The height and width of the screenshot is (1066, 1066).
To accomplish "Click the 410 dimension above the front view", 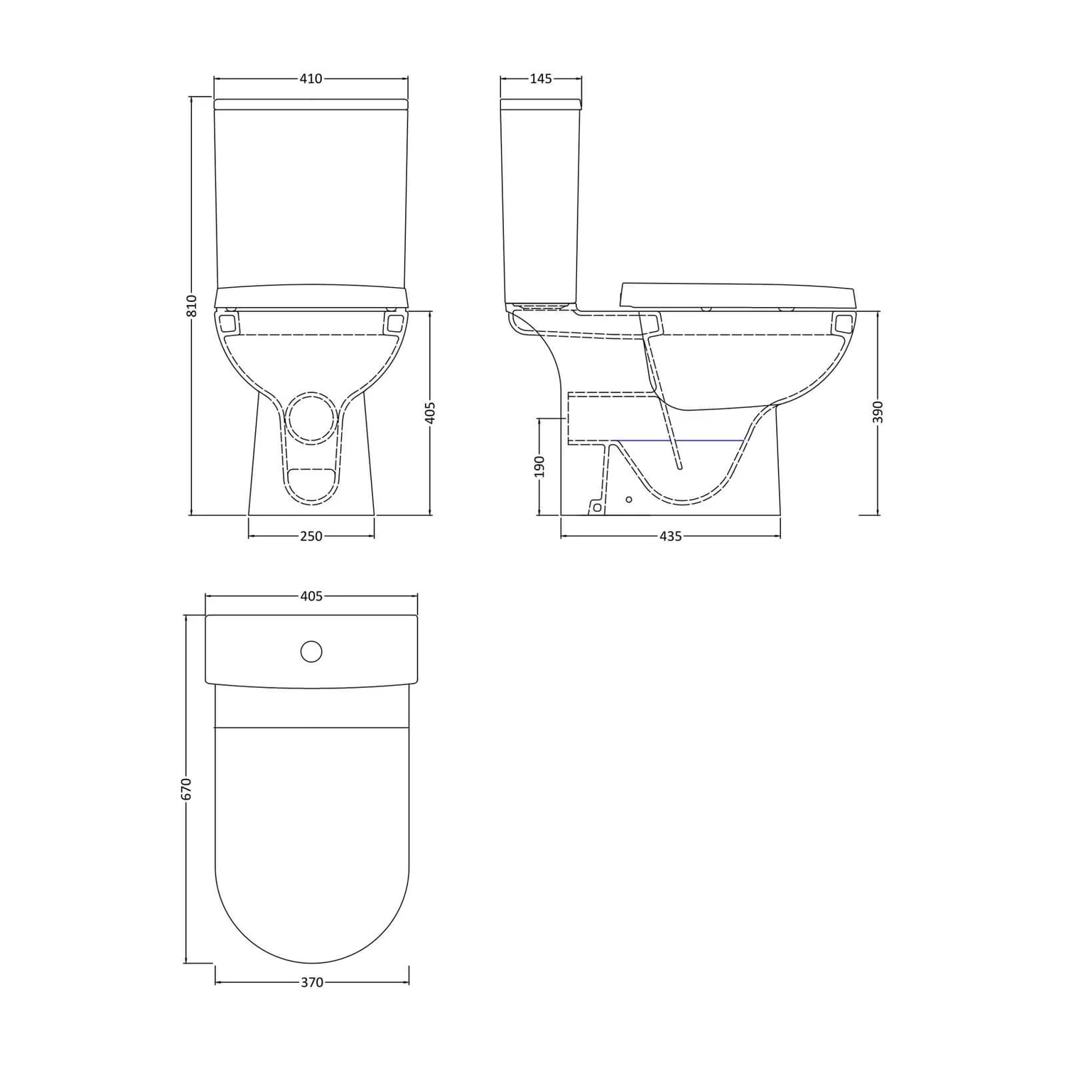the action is point(311,79).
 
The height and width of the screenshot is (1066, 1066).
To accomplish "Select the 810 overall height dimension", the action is point(190,306).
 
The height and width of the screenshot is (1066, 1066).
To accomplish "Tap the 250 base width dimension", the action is point(311,537).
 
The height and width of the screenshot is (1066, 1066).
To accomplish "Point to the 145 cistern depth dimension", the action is point(541,79).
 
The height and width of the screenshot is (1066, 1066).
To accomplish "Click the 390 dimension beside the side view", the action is point(878,412).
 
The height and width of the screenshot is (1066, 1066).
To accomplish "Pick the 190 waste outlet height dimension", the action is point(539,466).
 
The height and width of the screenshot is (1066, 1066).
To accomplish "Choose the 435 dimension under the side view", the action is point(670,537).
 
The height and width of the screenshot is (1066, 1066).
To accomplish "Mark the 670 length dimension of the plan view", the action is point(186,789).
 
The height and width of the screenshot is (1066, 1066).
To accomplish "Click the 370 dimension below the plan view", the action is point(311,983).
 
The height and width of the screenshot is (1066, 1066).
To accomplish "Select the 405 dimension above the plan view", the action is point(311,596).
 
